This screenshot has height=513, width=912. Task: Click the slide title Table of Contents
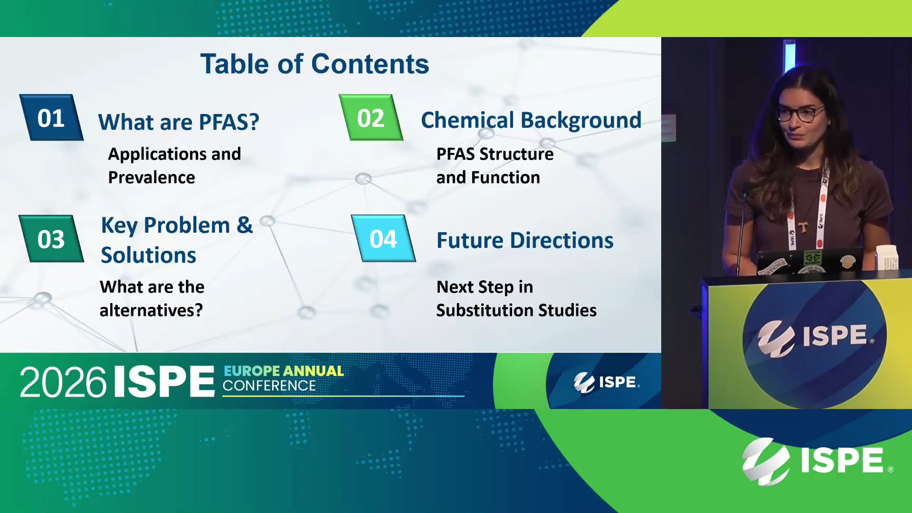(x=314, y=64)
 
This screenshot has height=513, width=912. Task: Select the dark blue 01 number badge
(x=51, y=117)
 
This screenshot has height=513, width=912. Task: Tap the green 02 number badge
(x=371, y=117)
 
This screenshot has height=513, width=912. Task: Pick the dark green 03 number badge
(x=51, y=238)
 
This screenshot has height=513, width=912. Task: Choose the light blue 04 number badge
(x=383, y=238)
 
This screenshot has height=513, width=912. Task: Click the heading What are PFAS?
(x=179, y=122)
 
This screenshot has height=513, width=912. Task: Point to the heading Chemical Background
(x=531, y=120)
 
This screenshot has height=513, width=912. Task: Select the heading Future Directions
(x=525, y=240)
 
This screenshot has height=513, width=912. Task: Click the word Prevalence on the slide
(x=152, y=177)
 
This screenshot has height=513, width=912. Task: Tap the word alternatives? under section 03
(x=151, y=310)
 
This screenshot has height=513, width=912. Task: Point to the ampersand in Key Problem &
(x=245, y=225)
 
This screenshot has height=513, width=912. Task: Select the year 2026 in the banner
(x=63, y=382)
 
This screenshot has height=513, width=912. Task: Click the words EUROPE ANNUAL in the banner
(x=284, y=371)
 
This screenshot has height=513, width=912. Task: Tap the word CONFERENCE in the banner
(x=269, y=386)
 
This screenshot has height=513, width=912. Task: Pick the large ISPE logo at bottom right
(x=817, y=461)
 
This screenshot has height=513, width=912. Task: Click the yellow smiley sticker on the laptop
(x=847, y=262)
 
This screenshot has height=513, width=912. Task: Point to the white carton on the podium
(x=887, y=258)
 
